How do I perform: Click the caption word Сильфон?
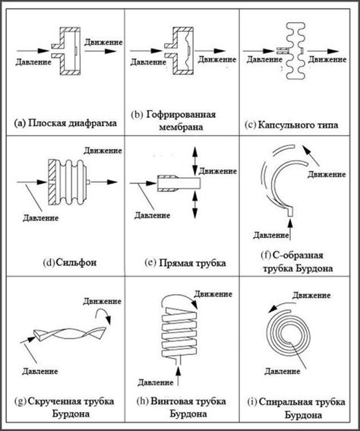(76, 262)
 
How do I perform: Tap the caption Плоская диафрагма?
(72, 122)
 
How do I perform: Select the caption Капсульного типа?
(298, 125)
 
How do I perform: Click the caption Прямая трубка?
(192, 263)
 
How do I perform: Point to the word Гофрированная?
(181, 114)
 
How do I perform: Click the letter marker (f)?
(266, 255)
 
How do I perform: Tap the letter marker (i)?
(252, 402)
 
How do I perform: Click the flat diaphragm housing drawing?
(66, 51)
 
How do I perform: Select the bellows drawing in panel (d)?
(68, 182)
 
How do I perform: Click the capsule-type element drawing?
(295, 51)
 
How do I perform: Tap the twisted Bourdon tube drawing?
(70, 334)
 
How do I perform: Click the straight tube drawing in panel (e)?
(178, 182)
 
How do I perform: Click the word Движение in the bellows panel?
(103, 151)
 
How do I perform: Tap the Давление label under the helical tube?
(156, 382)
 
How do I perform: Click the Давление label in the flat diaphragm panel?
(33, 62)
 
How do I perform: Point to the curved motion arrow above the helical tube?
(179, 301)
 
